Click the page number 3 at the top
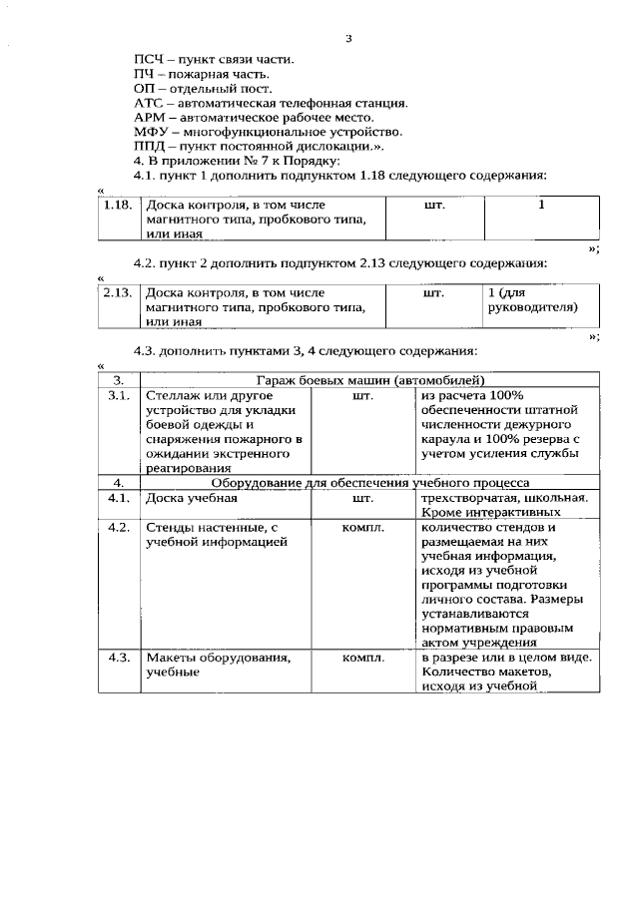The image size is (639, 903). [348, 39]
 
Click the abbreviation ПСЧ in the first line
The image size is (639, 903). [148, 60]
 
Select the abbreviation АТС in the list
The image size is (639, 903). [148, 103]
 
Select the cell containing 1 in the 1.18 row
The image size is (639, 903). [541, 206]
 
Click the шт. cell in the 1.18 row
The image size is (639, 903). [435, 206]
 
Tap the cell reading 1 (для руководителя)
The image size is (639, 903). [531, 301]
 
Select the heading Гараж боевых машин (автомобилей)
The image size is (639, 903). [369, 380]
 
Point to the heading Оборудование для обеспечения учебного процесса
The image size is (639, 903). [369, 482]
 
